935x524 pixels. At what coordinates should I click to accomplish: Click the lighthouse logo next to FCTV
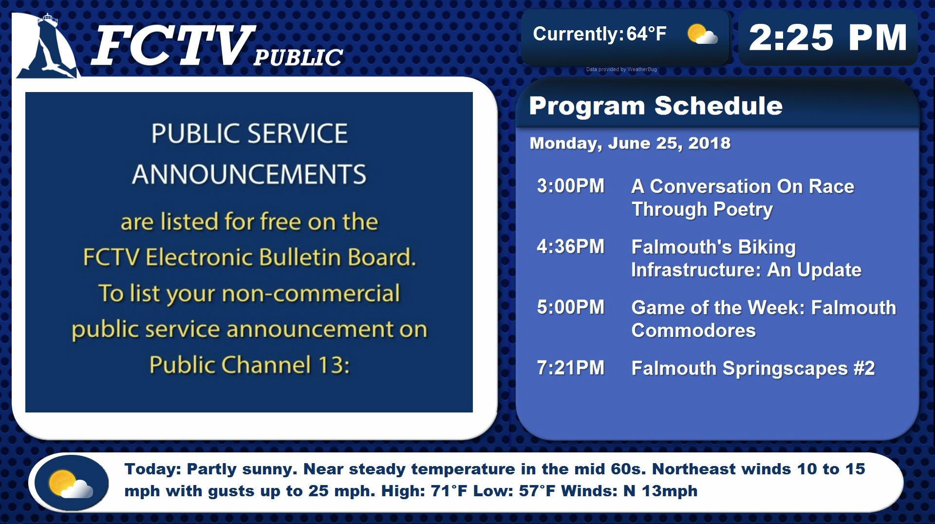pyautogui.click(x=46, y=46)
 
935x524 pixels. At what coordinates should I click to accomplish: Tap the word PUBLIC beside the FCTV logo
pyautogui.click(x=298, y=57)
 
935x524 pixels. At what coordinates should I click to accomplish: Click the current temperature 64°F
pyautogui.click(x=646, y=34)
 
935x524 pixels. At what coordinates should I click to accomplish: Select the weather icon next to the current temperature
pyautogui.click(x=702, y=34)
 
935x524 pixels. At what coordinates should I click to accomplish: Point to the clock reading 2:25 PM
pyautogui.click(x=828, y=37)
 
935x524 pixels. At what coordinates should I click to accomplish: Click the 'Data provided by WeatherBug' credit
pyautogui.click(x=621, y=70)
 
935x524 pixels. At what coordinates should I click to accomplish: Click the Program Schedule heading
pyautogui.click(x=655, y=106)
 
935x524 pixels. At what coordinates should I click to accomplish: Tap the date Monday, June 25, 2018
pyautogui.click(x=630, y=143)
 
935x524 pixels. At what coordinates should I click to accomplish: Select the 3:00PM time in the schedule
pyautogui.click(x=571, y=186)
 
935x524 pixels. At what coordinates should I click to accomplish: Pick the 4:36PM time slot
pyautogui.click(x=571, y=247)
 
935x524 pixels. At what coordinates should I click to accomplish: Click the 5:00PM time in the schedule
pyautogui.click(x=571, y=307)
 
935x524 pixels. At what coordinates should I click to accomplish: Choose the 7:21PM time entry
pyautogui.click(x=571, y=368)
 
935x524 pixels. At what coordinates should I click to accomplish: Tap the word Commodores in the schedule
pyautogui.click(x=693, y=331)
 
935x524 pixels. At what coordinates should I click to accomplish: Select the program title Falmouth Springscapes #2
pyautogui.click(x=753, y=369)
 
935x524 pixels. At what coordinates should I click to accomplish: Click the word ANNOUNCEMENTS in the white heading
pyautogui.click(x=249, y=174)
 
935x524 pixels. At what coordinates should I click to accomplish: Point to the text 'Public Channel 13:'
pyautogui.click(x=249, y=365)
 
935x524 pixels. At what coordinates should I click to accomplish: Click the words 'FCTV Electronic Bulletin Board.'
pyautogui.click(x=249, y=257)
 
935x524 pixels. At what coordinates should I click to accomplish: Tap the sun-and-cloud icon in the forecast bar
pyautogui.click(x=71, y=483)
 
